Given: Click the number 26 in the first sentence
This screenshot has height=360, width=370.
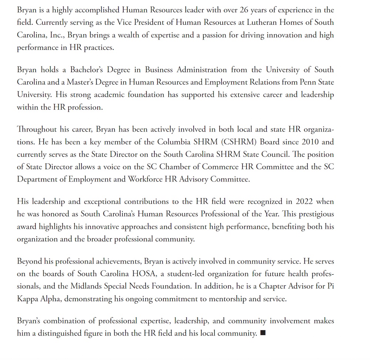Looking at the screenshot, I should tap(245, 10).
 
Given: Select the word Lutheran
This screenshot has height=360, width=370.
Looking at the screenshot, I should tap(254, 23).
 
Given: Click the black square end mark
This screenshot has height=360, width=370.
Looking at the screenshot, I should tap(263, 333).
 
